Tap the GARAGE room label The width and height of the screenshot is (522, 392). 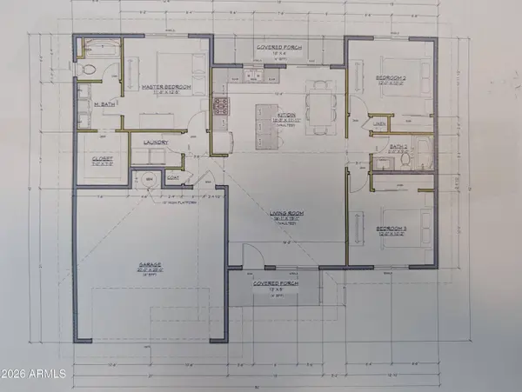pyautogui.click(x=151, y=268)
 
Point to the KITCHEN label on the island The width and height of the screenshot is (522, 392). pyautogui.click(x=287, y=116)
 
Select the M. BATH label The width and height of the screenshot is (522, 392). pyautogui.click(x=104, y=106)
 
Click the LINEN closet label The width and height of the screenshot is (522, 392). pyautogui.click(x=378, y=124)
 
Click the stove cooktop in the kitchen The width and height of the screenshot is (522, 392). pyautogui.click(x=220, y=107)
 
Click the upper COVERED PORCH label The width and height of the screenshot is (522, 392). pyautogui.click(x=279, y=48)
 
